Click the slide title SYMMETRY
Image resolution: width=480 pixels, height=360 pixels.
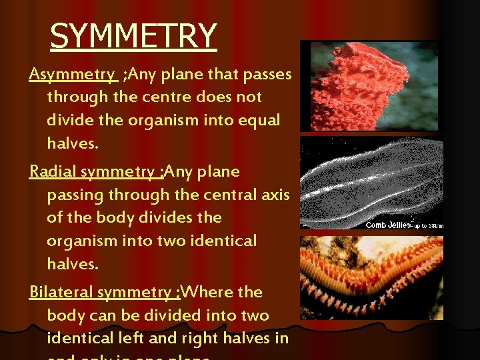pyautogui.click(x=133, y=36)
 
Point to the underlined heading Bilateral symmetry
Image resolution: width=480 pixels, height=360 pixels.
pyautogui.click(x=103, y=293)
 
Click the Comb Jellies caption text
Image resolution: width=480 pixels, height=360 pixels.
pyautogui.click(x=388, y=225)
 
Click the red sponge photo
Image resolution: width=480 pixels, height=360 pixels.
pyautogui.click(x=371, y=86)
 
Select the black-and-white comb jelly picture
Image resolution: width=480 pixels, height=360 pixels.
pyautogui.click(x=371, y=180)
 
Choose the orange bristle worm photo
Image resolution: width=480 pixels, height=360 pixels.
pyautogui.click(x=371, y=277)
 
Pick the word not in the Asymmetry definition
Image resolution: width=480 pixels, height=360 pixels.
pyautogui.click(x=247, y=97)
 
